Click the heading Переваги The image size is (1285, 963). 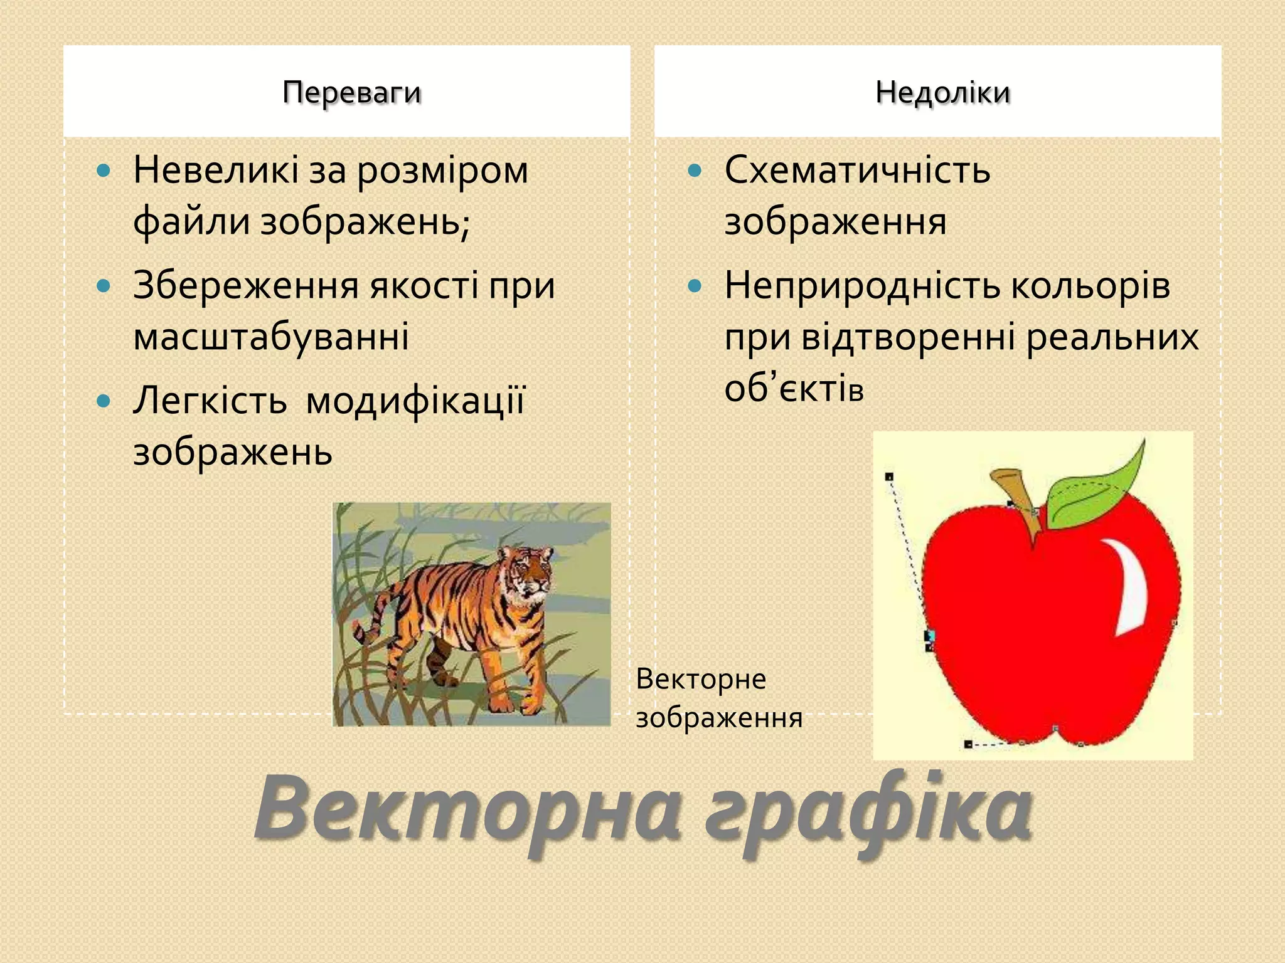351,93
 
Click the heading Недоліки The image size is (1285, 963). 942,93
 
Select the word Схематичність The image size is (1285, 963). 857,171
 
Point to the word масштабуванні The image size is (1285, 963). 271,337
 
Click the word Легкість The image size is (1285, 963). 210,401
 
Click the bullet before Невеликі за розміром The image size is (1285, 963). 104,171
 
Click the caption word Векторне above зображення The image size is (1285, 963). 700,679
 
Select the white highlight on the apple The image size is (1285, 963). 1133,589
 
